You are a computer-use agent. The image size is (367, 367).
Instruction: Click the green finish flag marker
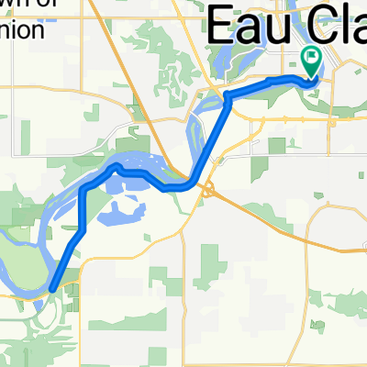pos(311,61)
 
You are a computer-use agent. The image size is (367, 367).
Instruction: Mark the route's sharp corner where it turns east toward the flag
pos(227,95)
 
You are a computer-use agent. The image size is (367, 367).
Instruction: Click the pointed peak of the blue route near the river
pos(116,168)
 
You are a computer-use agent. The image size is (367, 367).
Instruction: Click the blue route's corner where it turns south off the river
pos(84,189)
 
